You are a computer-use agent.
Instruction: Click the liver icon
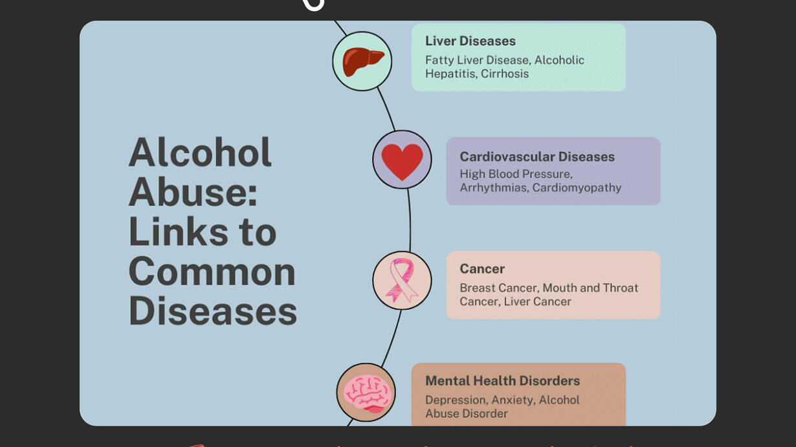(x=363, y=61)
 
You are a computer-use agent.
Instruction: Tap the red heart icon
(x=403, y=162)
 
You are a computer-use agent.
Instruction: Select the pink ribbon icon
(x=402, y=280)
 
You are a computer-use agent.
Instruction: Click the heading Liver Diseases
(x=470, y=41)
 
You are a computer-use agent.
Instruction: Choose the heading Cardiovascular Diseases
(x=537, y=157)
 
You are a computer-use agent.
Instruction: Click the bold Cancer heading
(x=482, y=268)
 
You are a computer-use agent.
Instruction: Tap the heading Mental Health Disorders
(x=502, y=381)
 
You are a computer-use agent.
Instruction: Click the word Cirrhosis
(x=505, y=74)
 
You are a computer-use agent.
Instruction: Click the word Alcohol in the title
(x=201, y=152)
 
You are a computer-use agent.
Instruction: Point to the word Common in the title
(x=212, y=272)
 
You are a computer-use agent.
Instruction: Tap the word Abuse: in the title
(x=193, y=192)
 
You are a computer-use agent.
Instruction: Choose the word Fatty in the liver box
(x=439, y=60)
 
